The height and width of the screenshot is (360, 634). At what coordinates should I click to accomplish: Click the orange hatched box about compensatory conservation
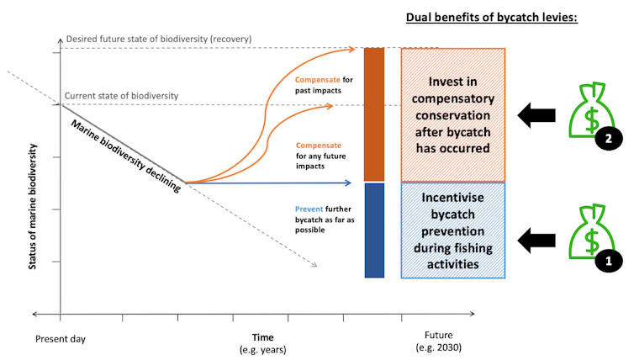453,114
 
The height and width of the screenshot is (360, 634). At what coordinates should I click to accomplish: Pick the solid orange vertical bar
374,114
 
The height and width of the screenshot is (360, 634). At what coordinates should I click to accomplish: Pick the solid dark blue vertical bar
374,230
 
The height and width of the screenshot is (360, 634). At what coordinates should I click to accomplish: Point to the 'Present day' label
61,339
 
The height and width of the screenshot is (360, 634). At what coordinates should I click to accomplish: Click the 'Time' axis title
262,336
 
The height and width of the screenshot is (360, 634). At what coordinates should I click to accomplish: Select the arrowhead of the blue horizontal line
348,182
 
